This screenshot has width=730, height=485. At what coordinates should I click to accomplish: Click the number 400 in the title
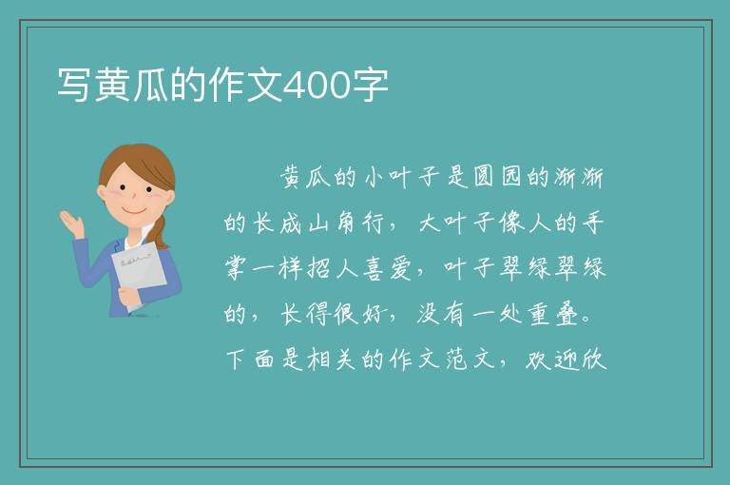(x=317, y=85)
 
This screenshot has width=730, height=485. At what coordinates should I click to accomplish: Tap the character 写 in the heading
(x=74, y=85)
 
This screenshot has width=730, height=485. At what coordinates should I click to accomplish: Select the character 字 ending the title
(x=370, y=85)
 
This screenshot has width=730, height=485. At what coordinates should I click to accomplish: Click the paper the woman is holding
(x=139, y=274)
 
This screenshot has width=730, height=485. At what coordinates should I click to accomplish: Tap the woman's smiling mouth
(x=135, y=210)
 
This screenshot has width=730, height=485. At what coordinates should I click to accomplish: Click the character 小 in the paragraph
(x=373, y=177)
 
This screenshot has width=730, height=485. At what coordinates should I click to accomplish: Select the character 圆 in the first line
(x=483, y=177)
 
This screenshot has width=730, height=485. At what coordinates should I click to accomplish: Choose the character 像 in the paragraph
(x=510, y=223)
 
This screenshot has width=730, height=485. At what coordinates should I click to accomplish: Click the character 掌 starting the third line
(x=235, y=268)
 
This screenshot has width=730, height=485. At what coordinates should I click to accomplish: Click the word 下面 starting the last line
(x=250, y=359)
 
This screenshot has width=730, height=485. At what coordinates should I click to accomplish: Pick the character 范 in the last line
(x=456, y=359)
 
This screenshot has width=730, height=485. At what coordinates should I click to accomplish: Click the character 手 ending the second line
(x=593, y=223)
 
